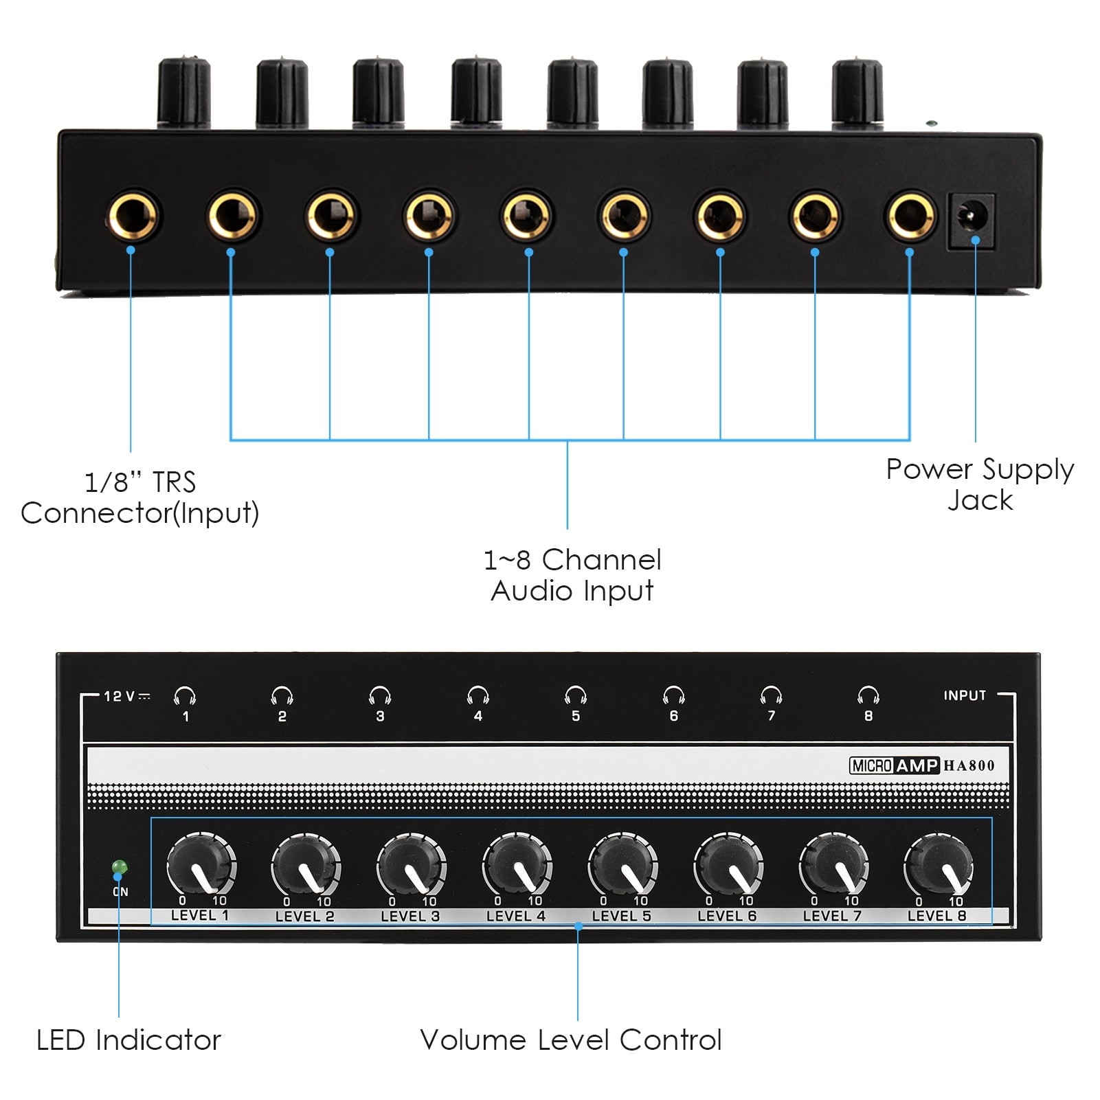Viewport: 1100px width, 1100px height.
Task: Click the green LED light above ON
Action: pos(120,867)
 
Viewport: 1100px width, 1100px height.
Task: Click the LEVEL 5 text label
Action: pos(621,916)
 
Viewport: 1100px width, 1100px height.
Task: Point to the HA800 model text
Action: pos(969,765)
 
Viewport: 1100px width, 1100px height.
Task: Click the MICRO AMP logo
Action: pos(894,765)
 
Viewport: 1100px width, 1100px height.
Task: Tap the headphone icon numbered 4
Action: pos(478,696)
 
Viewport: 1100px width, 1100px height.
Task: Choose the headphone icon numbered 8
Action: pos(868,696)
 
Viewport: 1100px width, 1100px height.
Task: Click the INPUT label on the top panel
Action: pos(965,695)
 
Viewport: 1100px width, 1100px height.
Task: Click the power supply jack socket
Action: pos(971,220)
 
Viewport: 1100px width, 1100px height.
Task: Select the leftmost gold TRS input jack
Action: pos(133,216)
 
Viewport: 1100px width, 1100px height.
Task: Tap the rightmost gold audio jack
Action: pos(910,216)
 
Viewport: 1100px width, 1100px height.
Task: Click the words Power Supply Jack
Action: pos(980,484)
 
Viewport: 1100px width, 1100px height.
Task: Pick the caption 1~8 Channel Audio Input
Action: pos(572,575)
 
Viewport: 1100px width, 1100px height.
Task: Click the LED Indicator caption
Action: pos(128,1040)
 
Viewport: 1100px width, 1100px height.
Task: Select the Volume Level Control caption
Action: pos(571,1040)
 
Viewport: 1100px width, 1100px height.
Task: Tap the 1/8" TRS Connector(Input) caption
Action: pos(140,497)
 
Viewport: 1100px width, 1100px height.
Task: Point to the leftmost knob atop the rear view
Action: pos(184,93)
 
